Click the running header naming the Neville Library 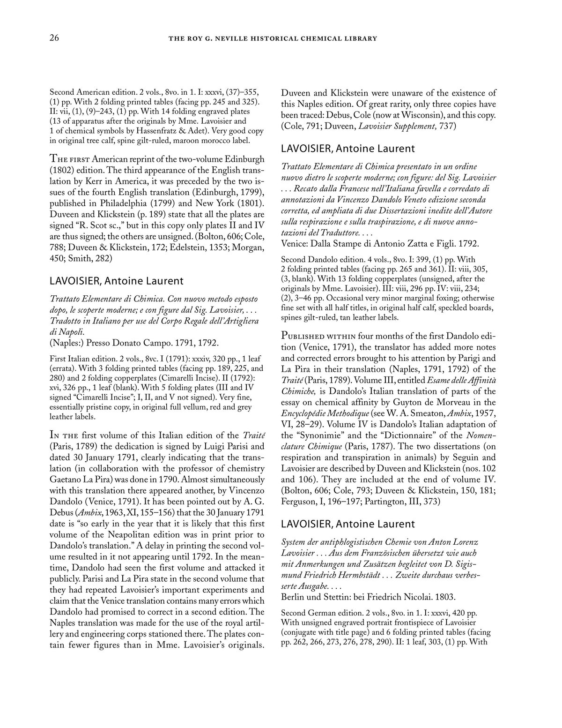[x=273, y=38]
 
